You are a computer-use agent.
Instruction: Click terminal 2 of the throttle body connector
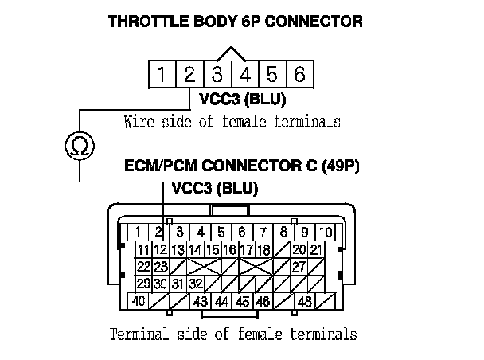point(189,76)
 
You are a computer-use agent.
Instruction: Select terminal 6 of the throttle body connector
point(299,76)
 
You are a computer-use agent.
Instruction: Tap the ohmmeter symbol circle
point(80,145)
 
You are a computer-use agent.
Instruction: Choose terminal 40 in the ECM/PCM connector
point(139,302)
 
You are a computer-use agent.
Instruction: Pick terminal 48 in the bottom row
point(304,302)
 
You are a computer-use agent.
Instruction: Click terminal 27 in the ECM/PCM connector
point(299,266)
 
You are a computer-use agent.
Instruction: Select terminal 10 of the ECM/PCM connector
point(325,232)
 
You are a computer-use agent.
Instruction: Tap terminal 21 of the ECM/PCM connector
point(317,249)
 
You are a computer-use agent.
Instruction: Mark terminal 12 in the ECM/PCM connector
point(160,249)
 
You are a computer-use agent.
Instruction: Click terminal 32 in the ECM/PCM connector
point(196,284)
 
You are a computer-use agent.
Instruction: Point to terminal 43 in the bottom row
point(201,302)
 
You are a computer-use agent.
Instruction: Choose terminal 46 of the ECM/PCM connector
point(263,302)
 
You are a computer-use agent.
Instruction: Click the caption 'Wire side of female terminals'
point(232,123)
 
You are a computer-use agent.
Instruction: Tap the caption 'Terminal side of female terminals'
point(232,333)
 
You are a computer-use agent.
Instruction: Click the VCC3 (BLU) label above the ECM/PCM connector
point(215,189)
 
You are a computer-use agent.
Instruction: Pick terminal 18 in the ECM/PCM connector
point(263,249)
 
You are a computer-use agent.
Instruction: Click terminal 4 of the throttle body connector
point(244,76)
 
